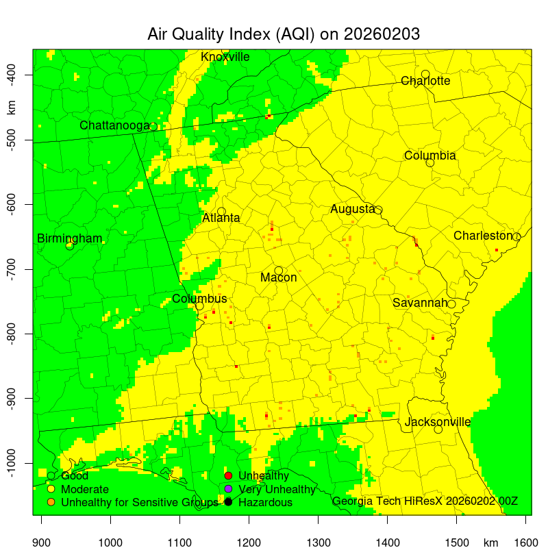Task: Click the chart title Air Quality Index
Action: click(x=284, y=34)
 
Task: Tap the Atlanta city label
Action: click(x=221, y=219)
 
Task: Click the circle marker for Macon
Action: click(x=279, y=271)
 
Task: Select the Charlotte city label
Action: click(x=425, y=81)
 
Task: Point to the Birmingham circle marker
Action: click(x=70, y=246)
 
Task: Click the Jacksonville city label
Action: click(x=438, y=422)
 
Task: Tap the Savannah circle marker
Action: click(x=451, y=304)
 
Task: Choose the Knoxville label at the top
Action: click(x=225, y=57)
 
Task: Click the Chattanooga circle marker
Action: click(x=153, y=127)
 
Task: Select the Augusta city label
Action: click(x=352, y=209)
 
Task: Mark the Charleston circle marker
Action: click(x=516, y=237)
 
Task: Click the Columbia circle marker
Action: click(x=430, y=162)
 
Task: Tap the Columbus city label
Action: click(x=199, y=299)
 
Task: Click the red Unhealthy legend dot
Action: click(x=229, y=475)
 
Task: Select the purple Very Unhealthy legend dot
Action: click(x=229, y=489)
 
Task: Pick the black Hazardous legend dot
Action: click(x=229, y=503)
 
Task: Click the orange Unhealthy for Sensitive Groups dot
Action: click(x=51, y=503)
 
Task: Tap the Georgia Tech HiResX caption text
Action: click(x=425, y=501)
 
